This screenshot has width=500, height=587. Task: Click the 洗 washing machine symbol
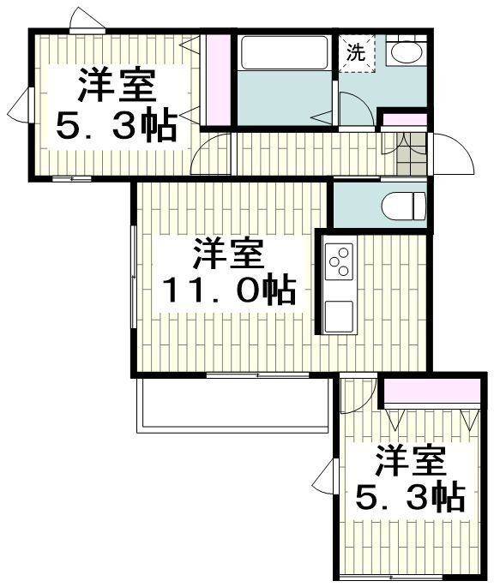355,52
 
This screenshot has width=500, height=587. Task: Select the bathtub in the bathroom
284,52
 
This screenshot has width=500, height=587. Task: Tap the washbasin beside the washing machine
404,52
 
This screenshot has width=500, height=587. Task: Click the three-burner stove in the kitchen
340,261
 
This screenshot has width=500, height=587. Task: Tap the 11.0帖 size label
229,292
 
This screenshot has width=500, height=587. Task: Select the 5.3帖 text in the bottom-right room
410,497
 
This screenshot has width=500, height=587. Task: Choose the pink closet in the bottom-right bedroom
431,392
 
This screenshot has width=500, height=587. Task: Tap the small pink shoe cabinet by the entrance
402,119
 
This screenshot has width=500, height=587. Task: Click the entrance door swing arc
450,154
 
